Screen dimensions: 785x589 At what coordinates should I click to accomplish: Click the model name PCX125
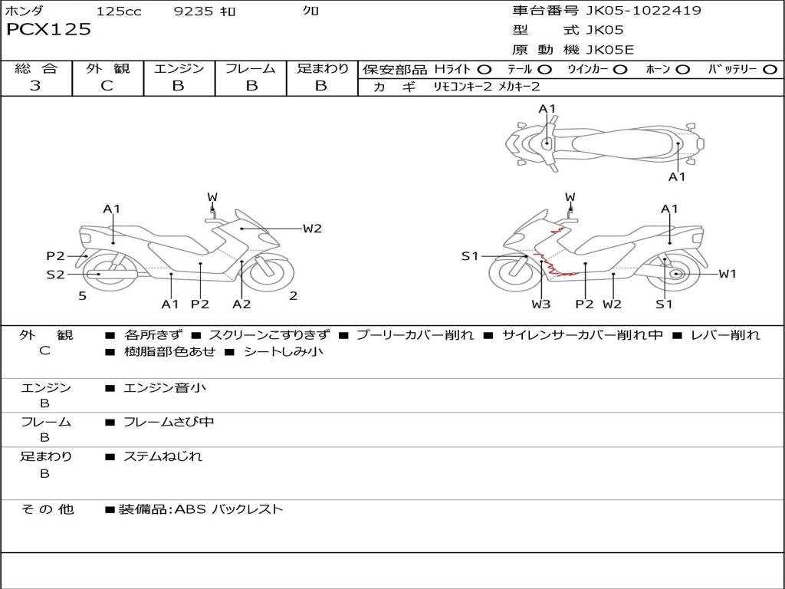coord(48,30)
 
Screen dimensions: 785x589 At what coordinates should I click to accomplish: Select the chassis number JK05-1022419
coord(632,11)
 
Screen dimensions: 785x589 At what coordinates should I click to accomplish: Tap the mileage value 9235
coord(195,11)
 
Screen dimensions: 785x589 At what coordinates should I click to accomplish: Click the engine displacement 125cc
coord(119,11)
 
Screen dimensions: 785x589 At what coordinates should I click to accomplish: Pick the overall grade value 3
coord(35,86)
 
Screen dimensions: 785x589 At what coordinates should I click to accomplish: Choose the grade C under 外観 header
coord(107,86)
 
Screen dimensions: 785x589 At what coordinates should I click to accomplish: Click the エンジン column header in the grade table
coord(179,69)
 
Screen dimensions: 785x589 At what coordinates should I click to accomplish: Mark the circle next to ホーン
coord(683,70)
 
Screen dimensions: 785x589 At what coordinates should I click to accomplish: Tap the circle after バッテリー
coord(770,70)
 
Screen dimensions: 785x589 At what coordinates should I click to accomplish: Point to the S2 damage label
coord(55,275)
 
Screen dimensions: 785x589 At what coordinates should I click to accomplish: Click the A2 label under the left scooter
coord(241,304)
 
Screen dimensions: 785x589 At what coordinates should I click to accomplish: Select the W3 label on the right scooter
coord(541,304)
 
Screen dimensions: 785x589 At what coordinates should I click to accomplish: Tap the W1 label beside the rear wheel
coord(728,274)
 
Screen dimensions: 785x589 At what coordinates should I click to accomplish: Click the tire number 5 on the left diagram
coord(82,295)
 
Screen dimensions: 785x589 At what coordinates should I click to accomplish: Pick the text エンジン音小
coord(165,388)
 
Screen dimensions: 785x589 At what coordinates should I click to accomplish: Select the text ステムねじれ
coord(163,456)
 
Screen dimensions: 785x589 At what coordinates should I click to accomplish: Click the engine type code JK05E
coord(610,50)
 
